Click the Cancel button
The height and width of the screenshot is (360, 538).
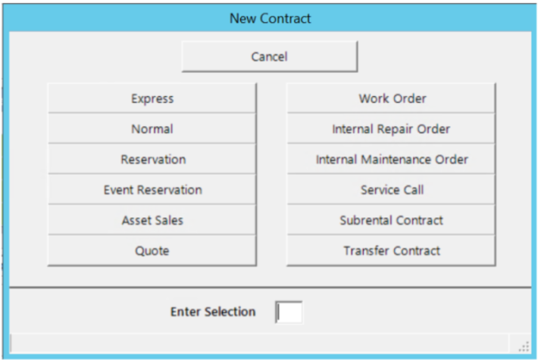coord(269,56)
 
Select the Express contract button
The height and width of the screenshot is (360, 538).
coord(152,99)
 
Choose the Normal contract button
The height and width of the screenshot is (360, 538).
coord(152,129)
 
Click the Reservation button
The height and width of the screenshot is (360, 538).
coord(152,159)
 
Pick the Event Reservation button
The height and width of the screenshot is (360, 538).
coord(152,190)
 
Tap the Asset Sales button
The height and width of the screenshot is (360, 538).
coord(152,220)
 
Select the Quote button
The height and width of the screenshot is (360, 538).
coord(152,251)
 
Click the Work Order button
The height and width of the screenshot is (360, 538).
coord(391,99)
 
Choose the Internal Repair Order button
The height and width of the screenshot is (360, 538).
coord(391,129)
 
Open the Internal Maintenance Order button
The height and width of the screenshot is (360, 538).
coord(391,159)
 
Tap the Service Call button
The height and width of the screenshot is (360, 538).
coord(391,190)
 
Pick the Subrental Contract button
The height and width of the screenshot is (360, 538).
coord(391,220)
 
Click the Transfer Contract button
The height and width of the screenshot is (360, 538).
coord(391,251)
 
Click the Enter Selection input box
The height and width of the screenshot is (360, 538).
coord(289,312)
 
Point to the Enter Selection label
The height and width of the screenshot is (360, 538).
coord(212,312)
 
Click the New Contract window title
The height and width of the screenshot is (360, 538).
coord(269,17)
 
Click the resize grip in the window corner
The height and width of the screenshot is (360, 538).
coord(524,346)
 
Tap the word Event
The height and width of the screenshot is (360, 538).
coord(118,190)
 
